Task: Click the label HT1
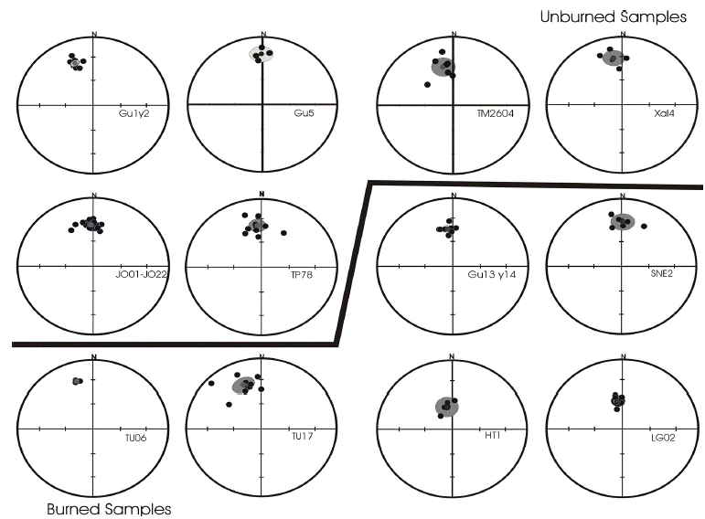point(491,438)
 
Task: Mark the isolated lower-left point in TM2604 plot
point(428,85)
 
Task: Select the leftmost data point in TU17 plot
point(211,384)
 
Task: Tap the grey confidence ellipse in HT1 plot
point(446,406)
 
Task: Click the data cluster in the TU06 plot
point(78,380)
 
